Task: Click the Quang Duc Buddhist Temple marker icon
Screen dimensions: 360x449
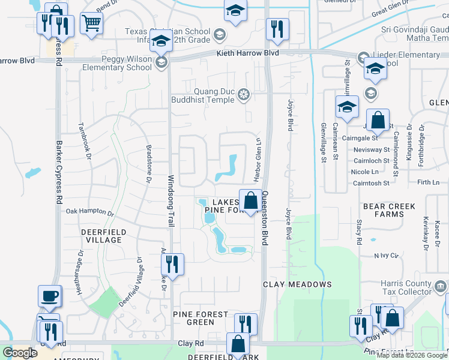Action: [x=243, y=94]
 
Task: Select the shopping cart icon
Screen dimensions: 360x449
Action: [x=91, y=24]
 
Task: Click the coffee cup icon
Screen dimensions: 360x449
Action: [x=49, y=296]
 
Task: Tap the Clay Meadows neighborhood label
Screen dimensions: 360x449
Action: [x=297, y=284]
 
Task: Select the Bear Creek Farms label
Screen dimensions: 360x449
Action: [x=389, y=210]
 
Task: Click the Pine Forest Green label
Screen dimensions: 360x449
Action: [x=200, y=318]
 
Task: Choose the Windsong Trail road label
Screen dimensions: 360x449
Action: [x=170, y=201]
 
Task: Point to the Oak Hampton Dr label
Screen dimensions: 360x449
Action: [x=89, y=212]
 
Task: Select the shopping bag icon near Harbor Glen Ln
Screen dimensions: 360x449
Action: [x=250, y=199]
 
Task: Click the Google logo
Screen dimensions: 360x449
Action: [x=20, y=353]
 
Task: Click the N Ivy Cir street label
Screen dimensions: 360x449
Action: [x=387, y=256]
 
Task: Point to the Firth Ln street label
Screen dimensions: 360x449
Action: [x=428, y=182]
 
